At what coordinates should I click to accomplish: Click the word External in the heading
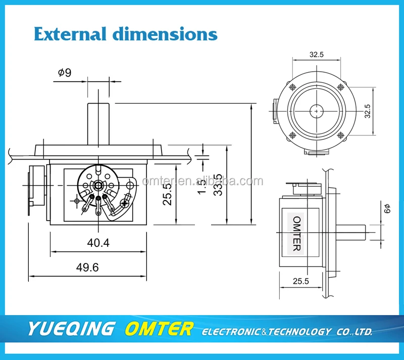click(70, 34)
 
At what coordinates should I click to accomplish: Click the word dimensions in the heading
click(165, 34)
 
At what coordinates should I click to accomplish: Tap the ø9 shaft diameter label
click(65, 72)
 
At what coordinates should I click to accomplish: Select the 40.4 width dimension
click(98, 242)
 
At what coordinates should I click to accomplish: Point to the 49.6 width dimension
click(87, 267)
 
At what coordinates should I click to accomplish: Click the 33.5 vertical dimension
click(218, 185)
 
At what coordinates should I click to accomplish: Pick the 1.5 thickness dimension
click(202, 186)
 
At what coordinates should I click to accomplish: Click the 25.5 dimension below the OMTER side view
click(300, 281)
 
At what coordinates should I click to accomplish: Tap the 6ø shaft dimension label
click(387, 209)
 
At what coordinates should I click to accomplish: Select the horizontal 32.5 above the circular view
click(317, 55)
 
